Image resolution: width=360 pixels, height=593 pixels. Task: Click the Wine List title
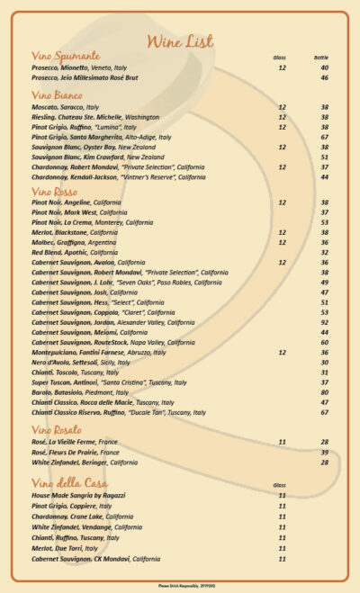pyautogui.click(x=180, y=41)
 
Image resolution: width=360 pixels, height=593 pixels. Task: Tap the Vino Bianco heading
pyautogui.click(x=57, y=95)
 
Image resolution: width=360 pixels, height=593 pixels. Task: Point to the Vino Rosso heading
pyautogui.click(x=55, y=191)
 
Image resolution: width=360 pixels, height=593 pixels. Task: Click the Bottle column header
pyautogui.click(x=321, y=58)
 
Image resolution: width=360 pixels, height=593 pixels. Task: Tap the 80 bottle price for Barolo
pyautogui.click(x=324, y=391)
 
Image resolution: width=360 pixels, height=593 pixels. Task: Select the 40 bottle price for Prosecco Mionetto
pyautogui.click(x=324, y=67)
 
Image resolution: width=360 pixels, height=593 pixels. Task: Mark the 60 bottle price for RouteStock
pyautogui.click(x=324, y=342)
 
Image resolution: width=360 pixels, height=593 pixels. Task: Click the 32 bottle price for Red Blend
pyautogui.click(x=324, y=253)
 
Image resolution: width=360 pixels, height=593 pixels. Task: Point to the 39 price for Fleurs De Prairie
pyautogui.click(x=324, y=452)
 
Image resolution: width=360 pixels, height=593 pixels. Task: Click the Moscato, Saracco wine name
pyautogui.click(x=65, y=107)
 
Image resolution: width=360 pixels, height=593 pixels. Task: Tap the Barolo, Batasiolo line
pyautogui.click(x=78, y=391)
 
